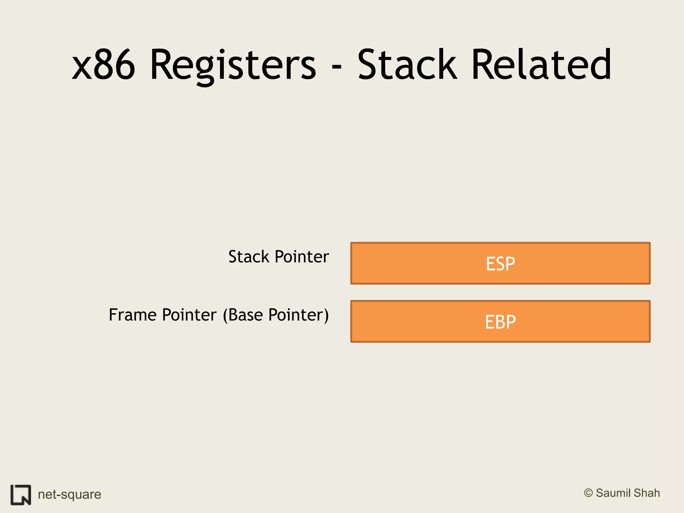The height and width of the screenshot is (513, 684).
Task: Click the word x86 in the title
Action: (104, 65)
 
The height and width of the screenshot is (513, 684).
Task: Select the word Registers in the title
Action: (233, 65)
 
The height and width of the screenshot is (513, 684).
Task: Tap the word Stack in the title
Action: (407, 65)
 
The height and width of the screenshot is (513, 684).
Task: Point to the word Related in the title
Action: (541, 65)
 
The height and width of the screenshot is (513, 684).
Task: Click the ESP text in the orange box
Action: (500, 264)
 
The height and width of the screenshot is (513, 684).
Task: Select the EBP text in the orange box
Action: (500, 322)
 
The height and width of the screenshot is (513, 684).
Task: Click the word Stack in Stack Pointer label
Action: (249, 257)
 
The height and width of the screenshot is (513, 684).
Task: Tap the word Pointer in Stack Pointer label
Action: (302, 257)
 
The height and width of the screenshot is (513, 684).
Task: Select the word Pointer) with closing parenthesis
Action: (299, 315)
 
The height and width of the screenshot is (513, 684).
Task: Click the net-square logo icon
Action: (21, 495)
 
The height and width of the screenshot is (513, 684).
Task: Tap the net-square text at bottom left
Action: (69, 494)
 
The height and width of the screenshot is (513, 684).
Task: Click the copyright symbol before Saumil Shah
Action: (588, 493)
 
